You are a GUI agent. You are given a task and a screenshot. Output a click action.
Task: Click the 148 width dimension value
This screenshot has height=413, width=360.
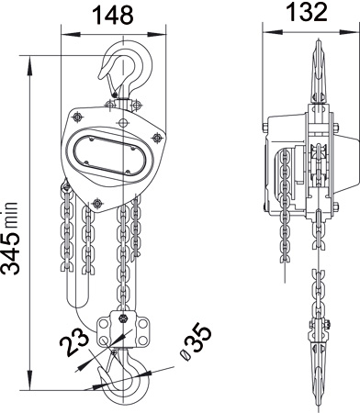click(x=114, y=15)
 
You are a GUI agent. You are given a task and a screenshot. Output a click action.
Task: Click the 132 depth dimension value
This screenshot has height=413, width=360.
click(x=307, y=12)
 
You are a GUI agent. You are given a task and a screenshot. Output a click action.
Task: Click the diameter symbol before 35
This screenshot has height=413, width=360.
click(x=185, y=354)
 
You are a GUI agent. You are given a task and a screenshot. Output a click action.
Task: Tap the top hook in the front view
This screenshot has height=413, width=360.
click(x=126, y=70)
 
